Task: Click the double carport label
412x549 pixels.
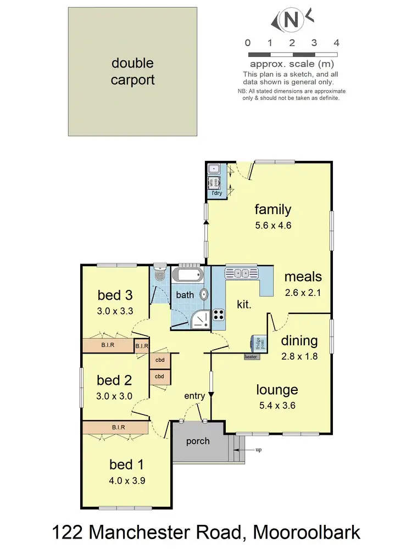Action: [133, 72]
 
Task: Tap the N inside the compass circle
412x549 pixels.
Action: [292, 21]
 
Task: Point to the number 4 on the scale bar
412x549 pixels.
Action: [336, 43]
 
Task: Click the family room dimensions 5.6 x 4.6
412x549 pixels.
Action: [272, 225]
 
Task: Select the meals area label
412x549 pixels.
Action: [303, 276]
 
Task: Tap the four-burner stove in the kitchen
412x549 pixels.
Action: [219, 315]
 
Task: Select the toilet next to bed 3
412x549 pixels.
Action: [159, 275]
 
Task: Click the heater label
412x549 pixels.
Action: [251, 357]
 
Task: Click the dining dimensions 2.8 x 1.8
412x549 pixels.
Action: [299, 356]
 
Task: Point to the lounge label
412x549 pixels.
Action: [277, 390]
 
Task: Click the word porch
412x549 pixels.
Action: [198, 441]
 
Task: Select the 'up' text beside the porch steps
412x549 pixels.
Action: [258, 450]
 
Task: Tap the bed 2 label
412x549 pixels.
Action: [115, 380]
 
